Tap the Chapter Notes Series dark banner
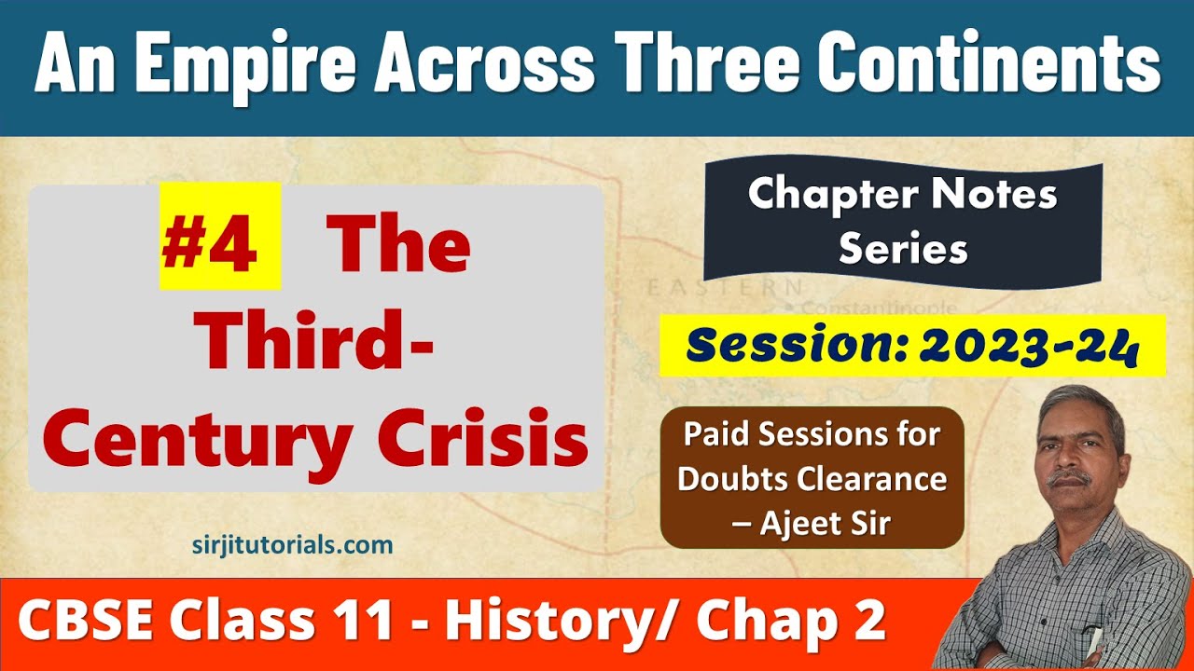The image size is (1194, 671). [902, 222]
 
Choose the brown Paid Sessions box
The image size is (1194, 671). [811, 477]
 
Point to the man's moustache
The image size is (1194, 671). [1069, 479]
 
